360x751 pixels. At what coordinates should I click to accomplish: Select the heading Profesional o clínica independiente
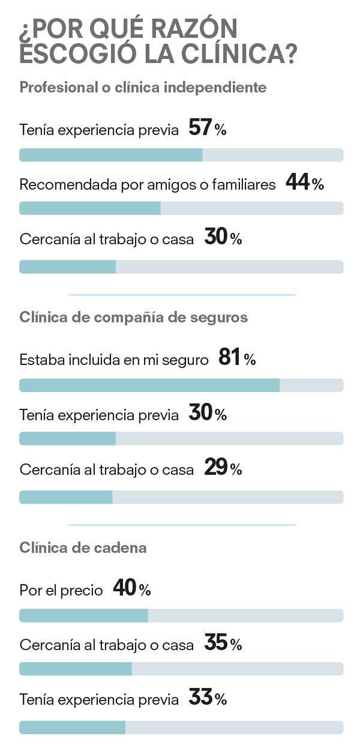click(x=143, y=88)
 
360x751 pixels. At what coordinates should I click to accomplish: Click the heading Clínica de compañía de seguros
click(x=134, y=317)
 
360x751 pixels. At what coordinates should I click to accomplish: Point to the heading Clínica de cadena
click(x=83, y=547)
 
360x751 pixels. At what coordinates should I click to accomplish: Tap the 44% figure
click(x=305, y=183)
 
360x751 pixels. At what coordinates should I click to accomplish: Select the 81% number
click(x=237, y=359)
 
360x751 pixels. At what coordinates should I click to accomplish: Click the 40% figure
click(x=131, y=590)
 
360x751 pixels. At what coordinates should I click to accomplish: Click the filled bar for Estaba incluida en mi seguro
click(x=149, y=385)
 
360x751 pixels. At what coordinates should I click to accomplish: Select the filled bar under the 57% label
click(x=111, y=155)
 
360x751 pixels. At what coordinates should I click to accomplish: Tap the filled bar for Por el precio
click(x=83, y=615)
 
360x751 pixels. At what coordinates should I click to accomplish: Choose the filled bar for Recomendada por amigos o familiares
click(x=90, y=208)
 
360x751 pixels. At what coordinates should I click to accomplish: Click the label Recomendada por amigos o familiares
click(x=148, y=185)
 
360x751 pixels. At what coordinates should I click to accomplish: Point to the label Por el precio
click(x=61, y=591)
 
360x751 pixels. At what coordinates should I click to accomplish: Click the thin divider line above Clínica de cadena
click(x=181, y=525)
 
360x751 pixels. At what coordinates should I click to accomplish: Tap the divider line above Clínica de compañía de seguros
click(x=181, y=295)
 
